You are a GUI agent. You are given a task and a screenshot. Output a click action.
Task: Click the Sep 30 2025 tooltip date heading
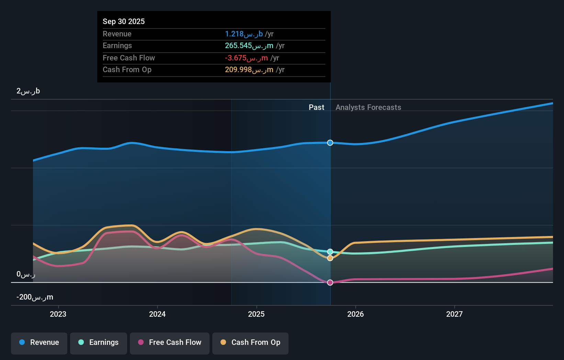[124, 21]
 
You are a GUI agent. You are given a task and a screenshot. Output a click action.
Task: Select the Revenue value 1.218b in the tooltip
[244, 34]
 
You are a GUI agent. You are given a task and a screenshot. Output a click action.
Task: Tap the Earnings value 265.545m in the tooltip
[249, 46]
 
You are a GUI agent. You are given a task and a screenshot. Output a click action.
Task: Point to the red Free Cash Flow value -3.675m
[246, 58]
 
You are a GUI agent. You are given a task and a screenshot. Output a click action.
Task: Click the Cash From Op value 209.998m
[249, 70]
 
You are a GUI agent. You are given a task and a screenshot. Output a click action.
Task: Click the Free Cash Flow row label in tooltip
[129, 58]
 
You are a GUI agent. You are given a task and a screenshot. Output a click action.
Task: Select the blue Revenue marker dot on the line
[330, 143]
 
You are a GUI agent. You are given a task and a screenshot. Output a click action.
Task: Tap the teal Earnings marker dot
[330, 252]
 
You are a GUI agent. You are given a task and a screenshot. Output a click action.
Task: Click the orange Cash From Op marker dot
[330, 258]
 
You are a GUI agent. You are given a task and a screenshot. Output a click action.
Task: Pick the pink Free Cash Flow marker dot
[330, 282]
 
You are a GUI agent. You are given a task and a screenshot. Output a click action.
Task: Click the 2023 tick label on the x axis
[58, 314]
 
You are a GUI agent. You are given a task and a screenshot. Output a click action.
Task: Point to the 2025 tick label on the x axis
[256, 314]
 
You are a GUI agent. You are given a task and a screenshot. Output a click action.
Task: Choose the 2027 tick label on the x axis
[454, 314]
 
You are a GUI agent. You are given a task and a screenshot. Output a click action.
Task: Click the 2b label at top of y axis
[28, 91]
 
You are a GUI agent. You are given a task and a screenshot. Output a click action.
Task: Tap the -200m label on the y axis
[35, 297]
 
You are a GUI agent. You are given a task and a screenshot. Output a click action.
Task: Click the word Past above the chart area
[316, 107]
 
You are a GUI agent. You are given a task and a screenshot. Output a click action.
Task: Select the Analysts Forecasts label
[368, 107]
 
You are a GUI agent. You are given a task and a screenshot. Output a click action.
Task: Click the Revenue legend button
[39, 342]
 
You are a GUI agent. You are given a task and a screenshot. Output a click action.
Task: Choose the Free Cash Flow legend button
[170, 342]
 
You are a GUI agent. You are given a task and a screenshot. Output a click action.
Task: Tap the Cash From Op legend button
[250, 342]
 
